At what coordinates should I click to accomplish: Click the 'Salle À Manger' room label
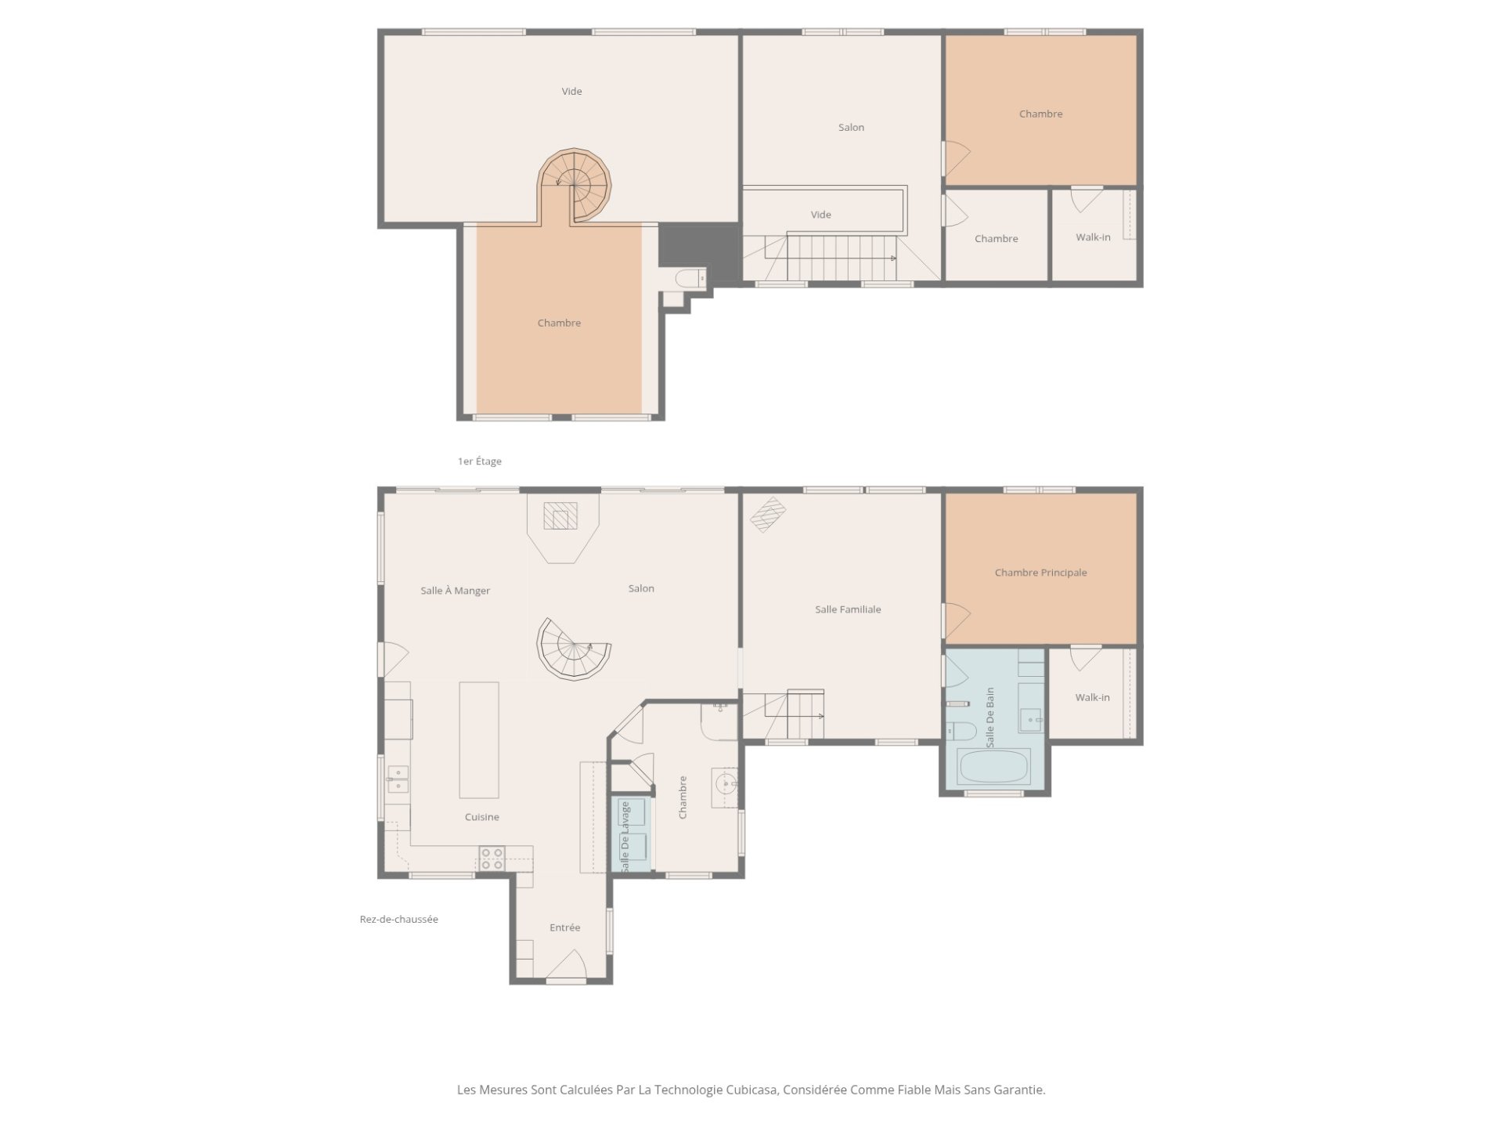(x=455, y=591)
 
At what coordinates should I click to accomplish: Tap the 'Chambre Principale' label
(x=1040, y=573)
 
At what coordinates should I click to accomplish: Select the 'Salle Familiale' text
(x=848, y=609)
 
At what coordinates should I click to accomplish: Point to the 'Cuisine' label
(x=481, y=817)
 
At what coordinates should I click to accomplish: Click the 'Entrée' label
(x=564, y=927)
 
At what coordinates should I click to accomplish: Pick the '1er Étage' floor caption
(x=479, y=461)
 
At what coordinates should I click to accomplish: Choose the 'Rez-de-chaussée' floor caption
(x=398, y=920)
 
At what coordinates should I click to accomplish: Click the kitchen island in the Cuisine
(x=478, y=739)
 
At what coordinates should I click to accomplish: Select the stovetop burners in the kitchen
(x=492, y=859)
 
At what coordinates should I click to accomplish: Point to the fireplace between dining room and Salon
(x=561, y=516)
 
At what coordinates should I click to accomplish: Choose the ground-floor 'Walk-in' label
(x=1092, y=697)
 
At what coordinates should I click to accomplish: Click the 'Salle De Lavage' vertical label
(x=625, y=837)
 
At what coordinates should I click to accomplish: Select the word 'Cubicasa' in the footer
(x=751, y=1090)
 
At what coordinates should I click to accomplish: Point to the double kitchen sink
(x=398, y=779)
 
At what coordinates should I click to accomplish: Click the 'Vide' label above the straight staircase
(x=820, y=215)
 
